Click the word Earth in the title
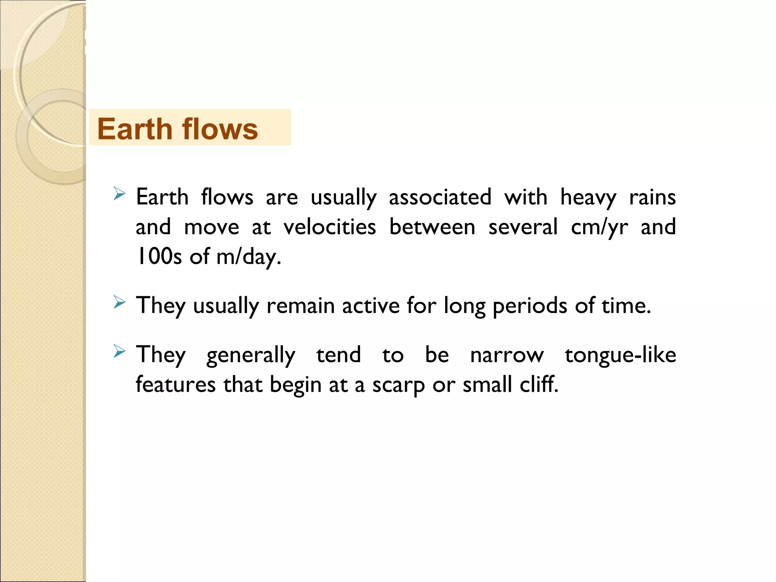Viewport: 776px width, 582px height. pyautogui.click(x=135, y=129)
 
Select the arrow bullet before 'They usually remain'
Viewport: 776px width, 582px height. pyautogui.click(x=119, y=302)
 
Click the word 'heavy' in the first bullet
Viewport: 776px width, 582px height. pyautogui.click(x=588, y=198)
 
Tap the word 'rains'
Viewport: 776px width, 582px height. pyautogui.click(x=652, y=198)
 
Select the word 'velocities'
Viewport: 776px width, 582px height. pyautogui.click(x=330, y=227)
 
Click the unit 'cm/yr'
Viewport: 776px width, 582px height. pyautogui.click(x=599, y=227)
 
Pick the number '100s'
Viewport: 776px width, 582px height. pyautogui.click(x=159, y=257)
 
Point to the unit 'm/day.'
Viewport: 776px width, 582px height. pyautogui.click(x=249, y=257)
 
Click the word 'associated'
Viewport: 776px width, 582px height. pyautogui.click(x=440, y=198)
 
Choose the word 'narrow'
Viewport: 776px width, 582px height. pyautogui.click(x=507, y=355)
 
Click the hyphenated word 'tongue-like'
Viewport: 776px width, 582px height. pyautogui.click(x=620, y=355)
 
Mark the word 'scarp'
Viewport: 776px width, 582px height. pyautogui.click(x=399, y=385)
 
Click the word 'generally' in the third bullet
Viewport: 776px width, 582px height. pyautogui.click(x=250, y=355)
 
